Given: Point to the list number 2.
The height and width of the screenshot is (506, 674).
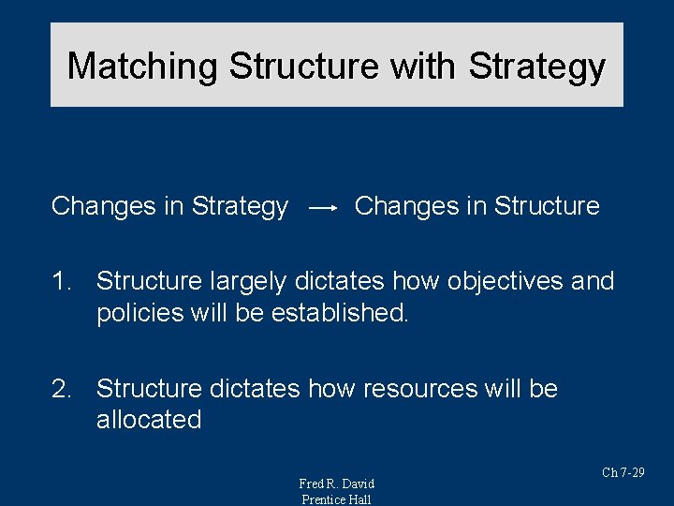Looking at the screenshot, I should point(63,389).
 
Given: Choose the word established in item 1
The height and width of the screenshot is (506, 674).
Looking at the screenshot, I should point(340,313).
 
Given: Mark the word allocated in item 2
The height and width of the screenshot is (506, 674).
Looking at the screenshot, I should point(149,420).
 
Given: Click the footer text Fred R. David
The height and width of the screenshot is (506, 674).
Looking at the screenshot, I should point(336,484).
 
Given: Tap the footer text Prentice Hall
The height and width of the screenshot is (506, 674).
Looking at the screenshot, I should point(336,499).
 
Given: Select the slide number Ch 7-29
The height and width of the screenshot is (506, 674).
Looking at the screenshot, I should point(623,472).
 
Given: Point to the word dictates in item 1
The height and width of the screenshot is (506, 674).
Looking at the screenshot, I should point(341,281).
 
